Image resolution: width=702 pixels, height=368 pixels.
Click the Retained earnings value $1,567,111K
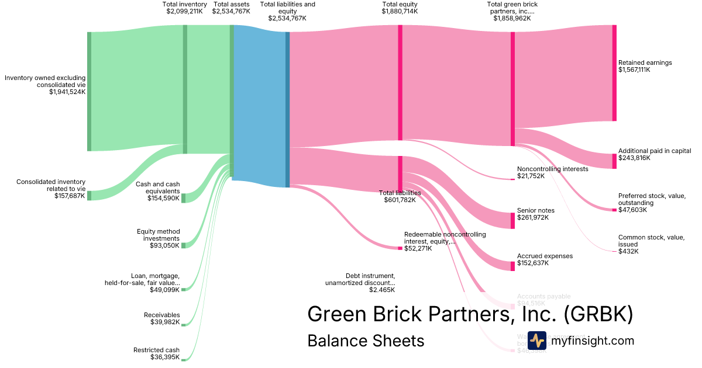[634, 70]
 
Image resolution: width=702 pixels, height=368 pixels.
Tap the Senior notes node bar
[513, 220]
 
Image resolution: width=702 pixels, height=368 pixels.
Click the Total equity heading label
[400, 4]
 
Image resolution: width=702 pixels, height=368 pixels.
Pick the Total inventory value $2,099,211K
[185, 11]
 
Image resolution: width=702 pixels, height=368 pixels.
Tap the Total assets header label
[232, 4]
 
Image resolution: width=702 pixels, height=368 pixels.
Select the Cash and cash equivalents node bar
[183, 198]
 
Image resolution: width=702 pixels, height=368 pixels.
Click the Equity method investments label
[159, 235]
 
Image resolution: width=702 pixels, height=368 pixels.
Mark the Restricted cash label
[156, 350]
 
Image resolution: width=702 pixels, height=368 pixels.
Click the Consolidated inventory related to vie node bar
[89, 195]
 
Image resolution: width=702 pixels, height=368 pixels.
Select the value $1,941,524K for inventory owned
[67, 92]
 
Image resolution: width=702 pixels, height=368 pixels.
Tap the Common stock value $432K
[628, 251]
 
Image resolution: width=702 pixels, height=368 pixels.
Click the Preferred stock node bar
[614, 210]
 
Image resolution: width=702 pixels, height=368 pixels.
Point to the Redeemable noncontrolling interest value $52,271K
[418, 248]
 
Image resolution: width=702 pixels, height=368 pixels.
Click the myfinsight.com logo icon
[536, 341]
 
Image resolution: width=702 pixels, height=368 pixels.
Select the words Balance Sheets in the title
[366, 341]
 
